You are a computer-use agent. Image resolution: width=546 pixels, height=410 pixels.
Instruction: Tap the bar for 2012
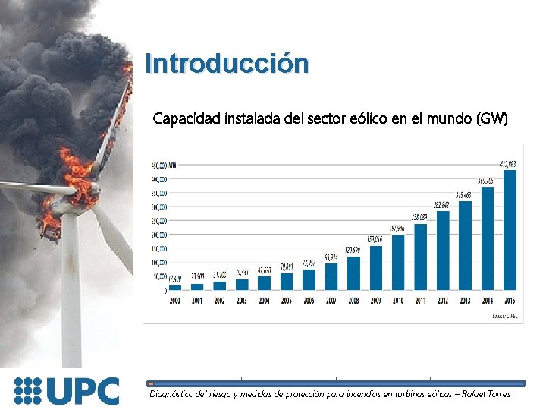point(443,250)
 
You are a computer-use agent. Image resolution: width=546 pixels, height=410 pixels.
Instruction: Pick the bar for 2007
point(331,276)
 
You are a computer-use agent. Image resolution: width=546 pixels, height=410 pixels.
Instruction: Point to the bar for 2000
point(175,288)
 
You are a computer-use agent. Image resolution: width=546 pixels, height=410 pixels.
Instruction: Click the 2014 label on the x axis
point(488,300)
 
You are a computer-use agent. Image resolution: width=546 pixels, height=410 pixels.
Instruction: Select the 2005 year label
point(287,300)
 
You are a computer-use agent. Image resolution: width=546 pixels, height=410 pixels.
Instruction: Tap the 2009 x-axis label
point(376,300)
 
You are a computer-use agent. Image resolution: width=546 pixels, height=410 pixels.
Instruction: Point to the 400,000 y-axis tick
point(158,179)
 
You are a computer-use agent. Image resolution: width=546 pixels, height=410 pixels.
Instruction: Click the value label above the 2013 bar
point(464,195)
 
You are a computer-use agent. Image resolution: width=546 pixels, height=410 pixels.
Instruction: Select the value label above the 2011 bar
point(419,217)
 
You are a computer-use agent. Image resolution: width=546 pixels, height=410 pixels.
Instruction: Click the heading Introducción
point(227,63)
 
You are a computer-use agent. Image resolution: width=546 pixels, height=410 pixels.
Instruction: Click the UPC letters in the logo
point(83,391)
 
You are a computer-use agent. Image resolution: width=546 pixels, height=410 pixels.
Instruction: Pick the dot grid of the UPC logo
point(28,390)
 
